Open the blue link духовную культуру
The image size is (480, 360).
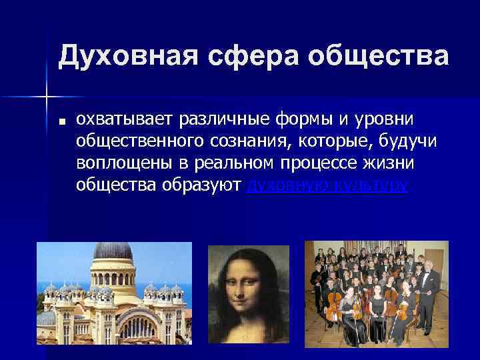coord(327,185)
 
